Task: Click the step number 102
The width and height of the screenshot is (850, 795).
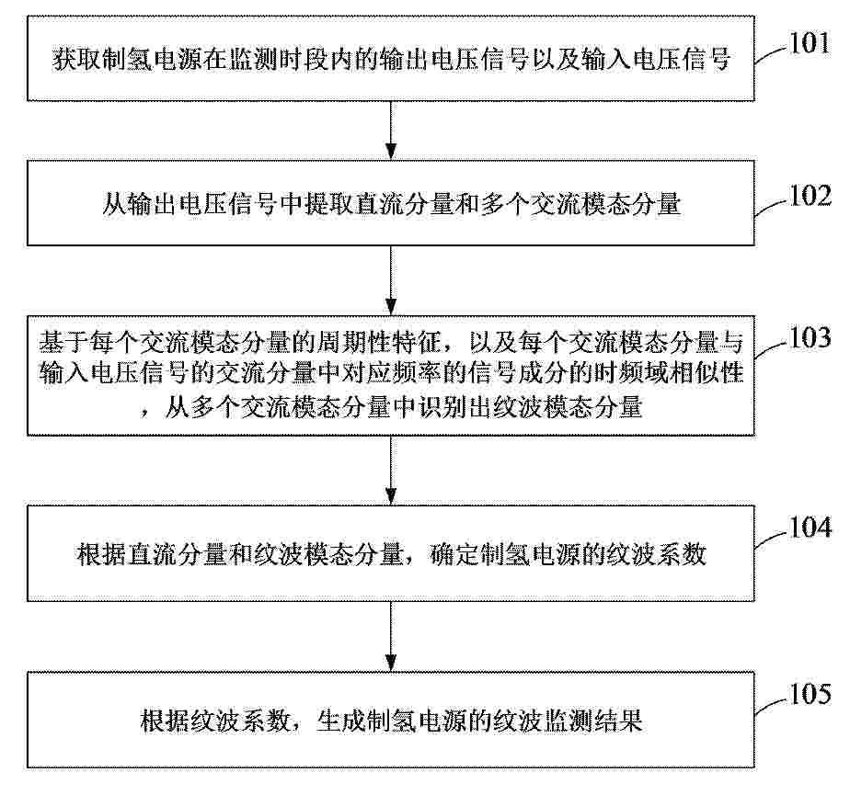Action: point(810,195)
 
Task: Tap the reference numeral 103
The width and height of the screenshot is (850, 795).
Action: point(810,337)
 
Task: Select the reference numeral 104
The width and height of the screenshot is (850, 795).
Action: point(810,527)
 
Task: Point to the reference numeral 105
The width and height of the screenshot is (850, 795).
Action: point(810,694)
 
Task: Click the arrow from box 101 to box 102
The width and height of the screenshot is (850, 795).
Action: point(390,130)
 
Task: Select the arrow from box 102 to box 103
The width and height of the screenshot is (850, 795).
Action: point(390,280)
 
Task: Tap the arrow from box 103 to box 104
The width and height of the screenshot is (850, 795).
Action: point(390,470)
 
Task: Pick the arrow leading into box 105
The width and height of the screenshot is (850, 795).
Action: point(390,636)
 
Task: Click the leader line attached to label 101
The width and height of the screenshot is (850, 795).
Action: point(770,53)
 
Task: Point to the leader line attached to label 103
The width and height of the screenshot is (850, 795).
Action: point(770,348)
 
